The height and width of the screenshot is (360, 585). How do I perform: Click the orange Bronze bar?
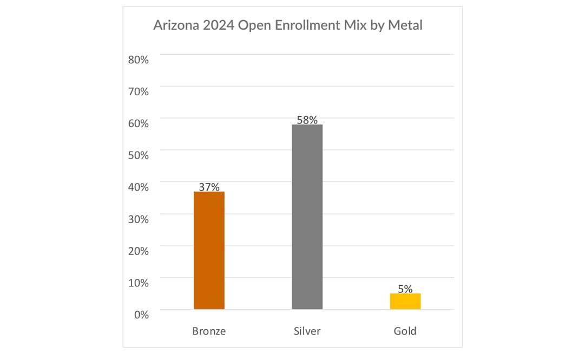coord(209,250)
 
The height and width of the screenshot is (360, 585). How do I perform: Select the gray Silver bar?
coord(307,217)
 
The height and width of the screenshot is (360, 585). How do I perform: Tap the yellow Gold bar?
coord(405,301)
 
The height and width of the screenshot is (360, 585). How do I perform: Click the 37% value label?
coord(209,187)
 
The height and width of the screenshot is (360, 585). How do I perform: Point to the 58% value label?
coord(307,120)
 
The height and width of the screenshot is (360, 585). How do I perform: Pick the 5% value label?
coord(405,289)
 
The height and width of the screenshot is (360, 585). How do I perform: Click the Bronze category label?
coord(209,331)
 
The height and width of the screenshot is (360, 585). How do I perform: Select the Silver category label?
coord(307,331)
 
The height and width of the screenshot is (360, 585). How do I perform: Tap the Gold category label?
coord(405,331)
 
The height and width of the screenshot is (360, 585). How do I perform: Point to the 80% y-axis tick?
coord(139,60)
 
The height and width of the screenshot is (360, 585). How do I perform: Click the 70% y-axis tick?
coord(139,91)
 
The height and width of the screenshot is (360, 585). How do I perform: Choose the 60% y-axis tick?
coord(139,123)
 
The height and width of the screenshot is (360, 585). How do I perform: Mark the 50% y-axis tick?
coord(139,155)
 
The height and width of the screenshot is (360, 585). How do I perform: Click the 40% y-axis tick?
coord(139,187)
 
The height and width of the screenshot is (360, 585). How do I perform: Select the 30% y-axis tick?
coord(139,219)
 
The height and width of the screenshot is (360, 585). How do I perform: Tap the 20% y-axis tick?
coord(139,251)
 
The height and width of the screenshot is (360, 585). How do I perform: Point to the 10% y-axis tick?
coord(139,283)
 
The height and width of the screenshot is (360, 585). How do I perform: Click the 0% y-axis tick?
coord(141,314)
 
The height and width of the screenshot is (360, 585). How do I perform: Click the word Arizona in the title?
coord(174,25)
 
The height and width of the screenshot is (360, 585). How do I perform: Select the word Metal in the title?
coord(405,25)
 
